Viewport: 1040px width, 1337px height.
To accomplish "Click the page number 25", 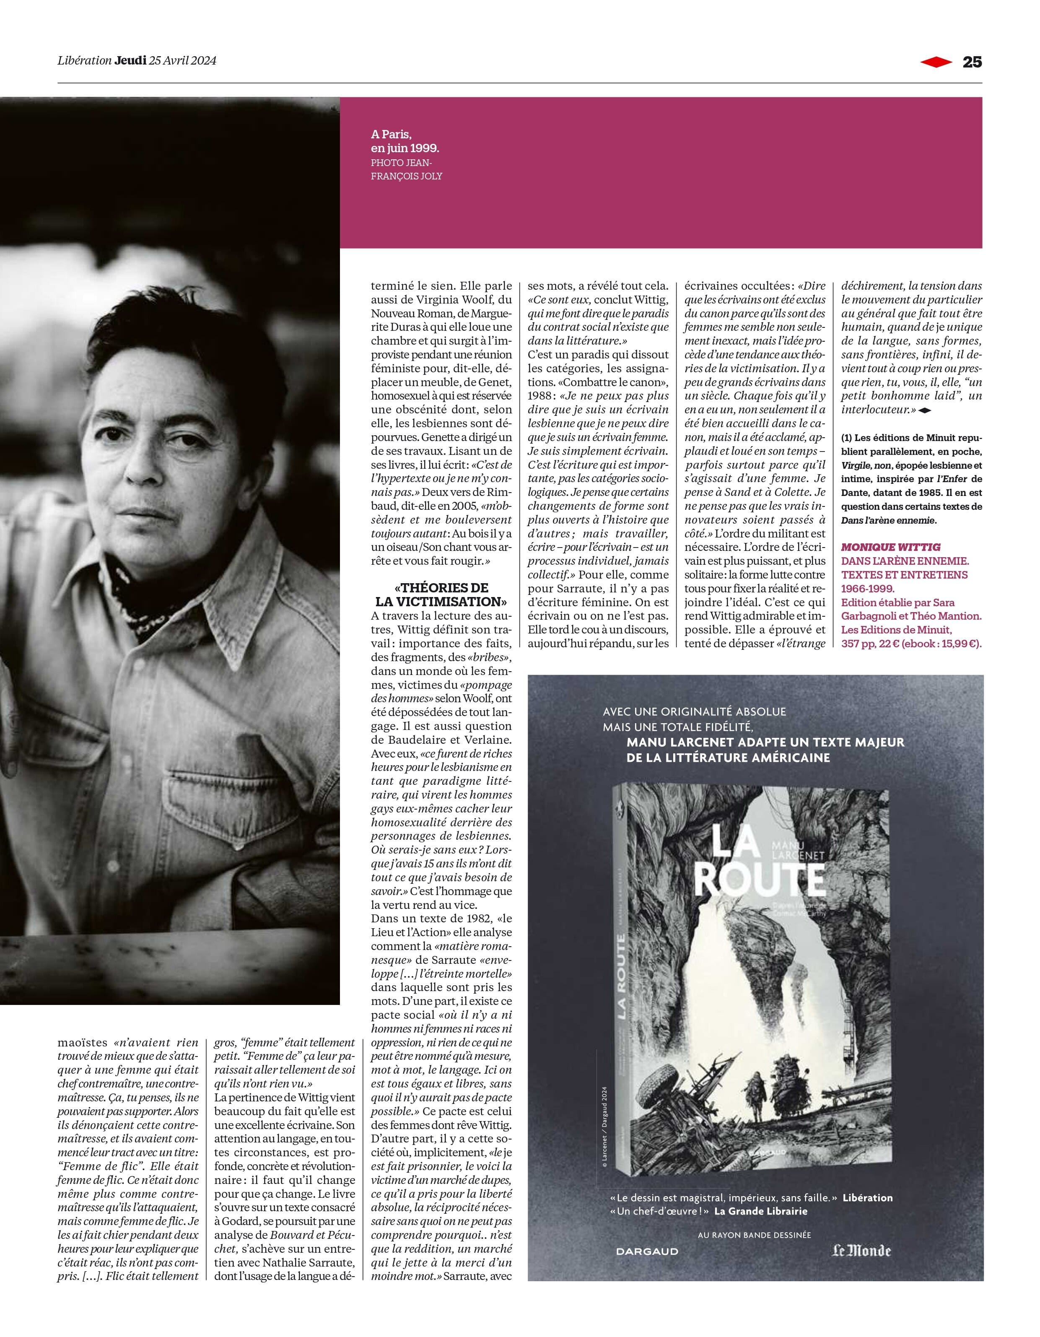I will tap(972, 62).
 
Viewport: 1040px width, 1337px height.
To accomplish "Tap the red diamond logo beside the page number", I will tap(936, 62).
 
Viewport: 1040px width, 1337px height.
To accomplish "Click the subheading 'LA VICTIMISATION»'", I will tap(439, 601).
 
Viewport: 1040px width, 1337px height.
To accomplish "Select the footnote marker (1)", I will tap(847, 438).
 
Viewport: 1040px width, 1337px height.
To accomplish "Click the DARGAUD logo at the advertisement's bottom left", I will tap(647, 1252).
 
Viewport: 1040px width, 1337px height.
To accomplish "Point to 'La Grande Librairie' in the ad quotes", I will tap(761, 1212).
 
